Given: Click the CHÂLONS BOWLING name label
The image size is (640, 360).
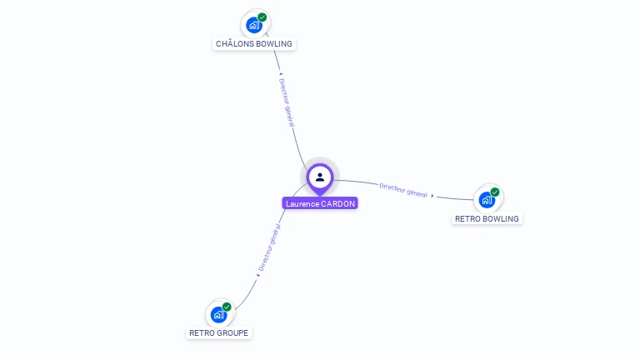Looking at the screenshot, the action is click(x=254, y=43).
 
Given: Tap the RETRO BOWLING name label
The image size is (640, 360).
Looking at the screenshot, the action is click(x=487, y=218).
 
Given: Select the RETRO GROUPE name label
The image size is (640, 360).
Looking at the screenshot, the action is click(x=218, y=332).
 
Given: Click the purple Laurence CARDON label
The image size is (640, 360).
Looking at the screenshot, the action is click(x=320, y=203).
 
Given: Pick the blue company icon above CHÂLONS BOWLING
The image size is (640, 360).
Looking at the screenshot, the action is click(x=254, y=25).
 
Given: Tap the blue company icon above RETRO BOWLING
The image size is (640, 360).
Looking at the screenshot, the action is click(x=487, y=200).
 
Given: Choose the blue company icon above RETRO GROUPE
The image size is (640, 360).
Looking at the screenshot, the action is click(x=218, y=314).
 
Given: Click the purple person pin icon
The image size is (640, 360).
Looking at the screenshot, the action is click(x=320, y=177).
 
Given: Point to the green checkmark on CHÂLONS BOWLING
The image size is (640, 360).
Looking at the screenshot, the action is click(x=262, y=17).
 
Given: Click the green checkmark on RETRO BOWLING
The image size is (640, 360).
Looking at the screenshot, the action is click(x=495, y=192).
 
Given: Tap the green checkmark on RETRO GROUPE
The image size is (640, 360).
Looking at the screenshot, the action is click(x=227, y=307).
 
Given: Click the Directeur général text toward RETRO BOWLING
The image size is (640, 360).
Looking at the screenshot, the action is click(x=403, y=189).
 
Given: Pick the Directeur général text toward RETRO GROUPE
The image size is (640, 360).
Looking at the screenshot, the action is click(x=269, y=248).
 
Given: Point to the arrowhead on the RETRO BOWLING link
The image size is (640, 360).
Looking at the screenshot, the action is click(x=432, y=196).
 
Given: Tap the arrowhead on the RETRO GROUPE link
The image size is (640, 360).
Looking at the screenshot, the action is click(x=258, y=275).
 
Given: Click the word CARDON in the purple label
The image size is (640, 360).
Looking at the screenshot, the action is click(x=338, y=203).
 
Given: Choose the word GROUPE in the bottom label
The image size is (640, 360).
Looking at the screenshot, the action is click(x=233, y=332).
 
